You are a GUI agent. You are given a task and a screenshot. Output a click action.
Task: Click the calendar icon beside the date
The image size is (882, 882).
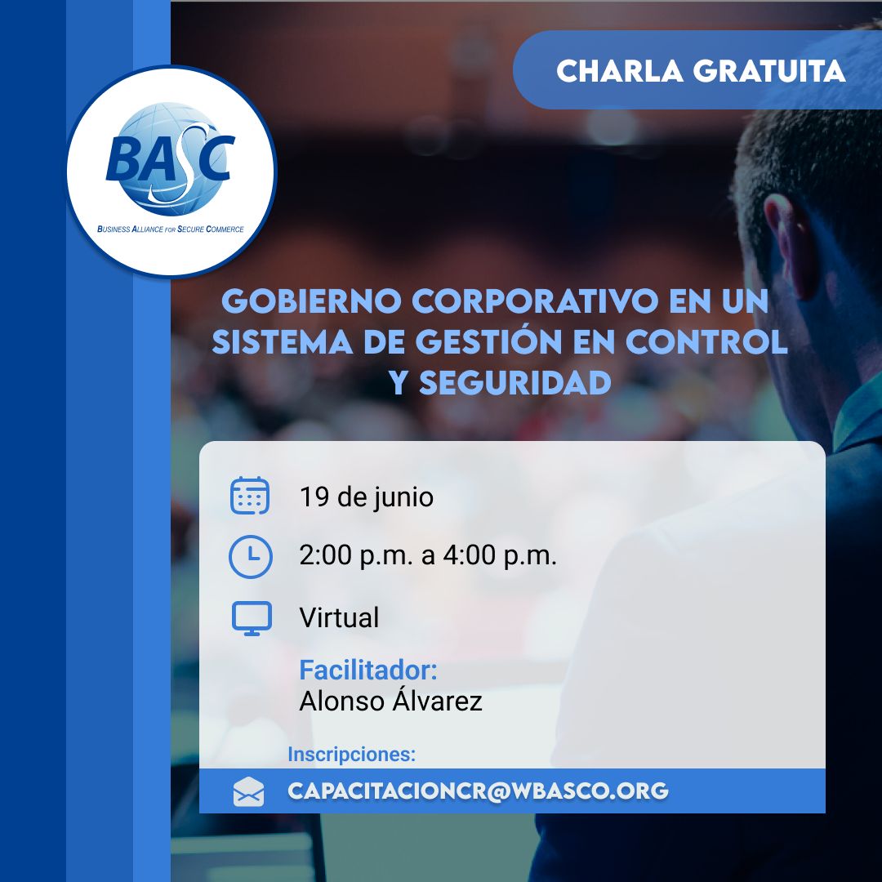pyautogui.click(x=250, y=496)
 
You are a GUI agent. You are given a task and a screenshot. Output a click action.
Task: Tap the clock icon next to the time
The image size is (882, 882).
pyautogui.click(x=251, y=556)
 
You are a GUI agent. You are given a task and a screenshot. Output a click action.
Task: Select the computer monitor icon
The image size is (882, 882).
pyautogui.click(x=252, y=618)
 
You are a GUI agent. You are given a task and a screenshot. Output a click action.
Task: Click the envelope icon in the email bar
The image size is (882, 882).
pyautogui.click(x=248, y=791)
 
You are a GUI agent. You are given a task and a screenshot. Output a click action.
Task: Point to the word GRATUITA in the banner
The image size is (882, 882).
pyautogui.click(x=769, y=71)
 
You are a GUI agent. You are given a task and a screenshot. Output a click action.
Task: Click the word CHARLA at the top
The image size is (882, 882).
pyautogui.click(x=620, y=71)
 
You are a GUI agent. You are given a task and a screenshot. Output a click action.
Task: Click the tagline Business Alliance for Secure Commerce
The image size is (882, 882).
pyautogui.click(x=171, y=229)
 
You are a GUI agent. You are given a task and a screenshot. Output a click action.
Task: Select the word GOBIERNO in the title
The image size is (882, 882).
pyautogui.click(x=311, y=301)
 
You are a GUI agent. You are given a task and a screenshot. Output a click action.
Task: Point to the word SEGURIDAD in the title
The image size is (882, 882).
pyautogui.click(x=515, y=383)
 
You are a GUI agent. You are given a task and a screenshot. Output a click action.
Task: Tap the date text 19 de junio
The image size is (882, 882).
pyautogui.click(x=366, y=497)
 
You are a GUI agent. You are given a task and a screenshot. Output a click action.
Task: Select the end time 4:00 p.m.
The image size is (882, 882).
pyautogui.click(x=500, y=555)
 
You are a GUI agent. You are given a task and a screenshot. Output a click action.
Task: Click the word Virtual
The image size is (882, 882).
pyautogui.click(x=339, y=617)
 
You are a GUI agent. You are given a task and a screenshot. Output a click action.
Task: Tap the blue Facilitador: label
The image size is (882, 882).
pyautogui.click(x=367, y=670)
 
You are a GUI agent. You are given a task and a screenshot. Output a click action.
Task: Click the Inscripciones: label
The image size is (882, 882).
pyautogui.click(x=351, y=755)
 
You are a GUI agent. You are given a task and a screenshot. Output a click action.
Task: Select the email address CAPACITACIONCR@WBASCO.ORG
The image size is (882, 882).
pyautogui.click(x=478, y=791)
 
